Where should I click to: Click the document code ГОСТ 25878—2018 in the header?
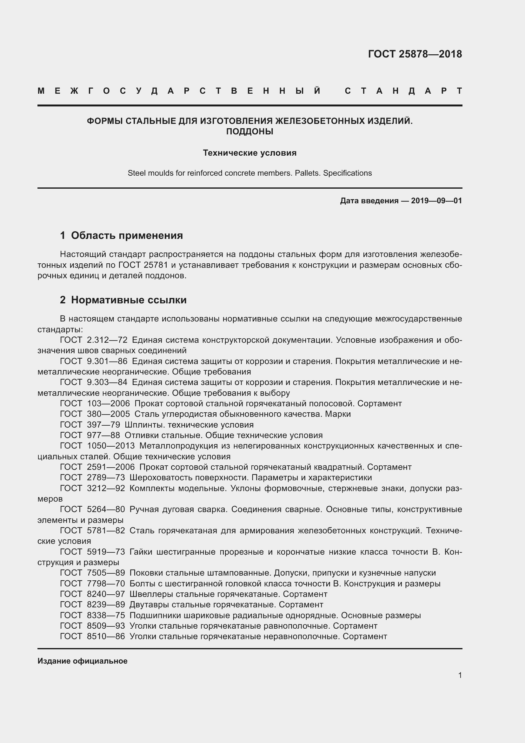tap(415, 54)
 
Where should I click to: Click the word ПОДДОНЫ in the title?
tap(249, 132)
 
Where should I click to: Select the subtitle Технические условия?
tap(249, 153)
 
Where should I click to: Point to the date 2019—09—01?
tap(436, 201)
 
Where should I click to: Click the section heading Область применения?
tap(127, 235)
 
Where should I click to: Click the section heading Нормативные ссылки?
tap(129, 300)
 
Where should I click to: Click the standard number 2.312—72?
tap(107, 340)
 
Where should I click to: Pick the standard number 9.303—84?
tap(107, 382)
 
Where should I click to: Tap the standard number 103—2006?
tap(108, 403)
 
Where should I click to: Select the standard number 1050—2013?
tap(110, 446)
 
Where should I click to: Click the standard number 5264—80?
tap(106, 509)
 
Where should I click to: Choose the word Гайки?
tap(141, 551)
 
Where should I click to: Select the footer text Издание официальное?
tap(83, 661)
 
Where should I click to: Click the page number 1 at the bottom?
tap(460, 675)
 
